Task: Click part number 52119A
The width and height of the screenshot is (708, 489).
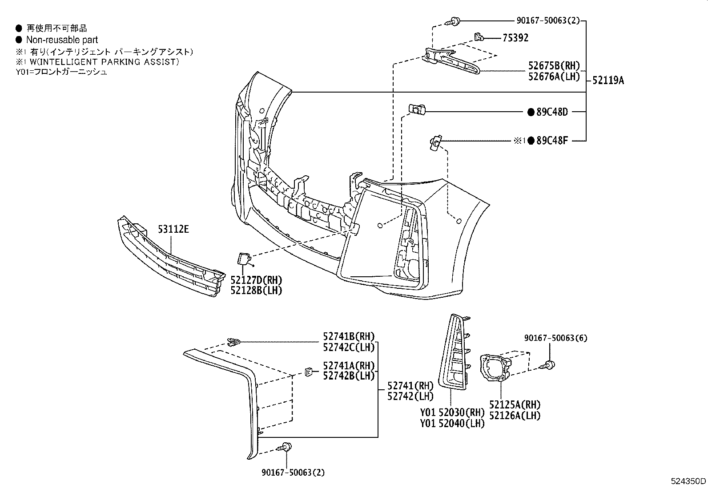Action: (608, 81)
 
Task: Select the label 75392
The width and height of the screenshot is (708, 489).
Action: (515, 38)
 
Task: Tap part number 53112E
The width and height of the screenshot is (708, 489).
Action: (173, 230)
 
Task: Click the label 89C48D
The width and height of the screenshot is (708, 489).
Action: (552, 112)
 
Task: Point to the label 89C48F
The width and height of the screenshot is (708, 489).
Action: (552, 141)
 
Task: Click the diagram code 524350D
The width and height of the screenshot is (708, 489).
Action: (688, 481)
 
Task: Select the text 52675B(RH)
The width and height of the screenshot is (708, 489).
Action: (554, 65)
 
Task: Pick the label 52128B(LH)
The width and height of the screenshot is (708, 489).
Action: (256, 290)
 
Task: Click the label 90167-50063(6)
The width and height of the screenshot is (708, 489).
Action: (555, 338)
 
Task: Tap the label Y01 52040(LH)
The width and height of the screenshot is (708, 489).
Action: (452, 423)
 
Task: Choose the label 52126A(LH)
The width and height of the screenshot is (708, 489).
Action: (515, 416)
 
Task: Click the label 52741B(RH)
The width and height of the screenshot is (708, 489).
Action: (349, 336)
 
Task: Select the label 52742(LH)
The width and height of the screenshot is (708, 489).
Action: (410, 396)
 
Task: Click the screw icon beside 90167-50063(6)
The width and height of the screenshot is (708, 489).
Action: (548, 365)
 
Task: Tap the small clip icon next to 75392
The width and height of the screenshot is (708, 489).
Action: (478, 36)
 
